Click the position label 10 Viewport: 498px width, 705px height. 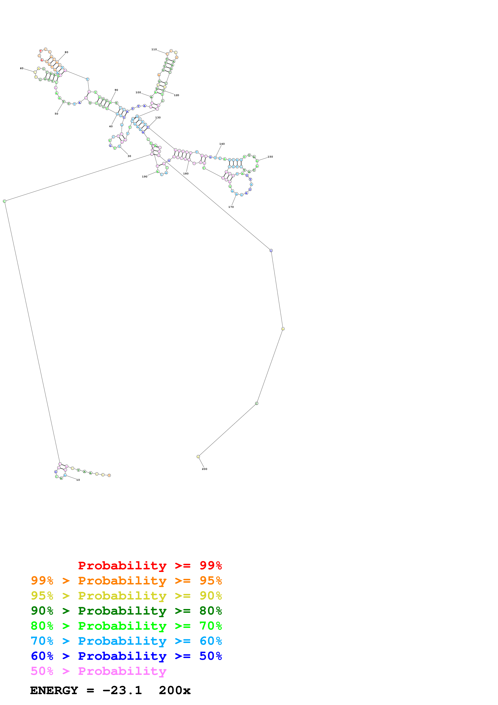[78, 480]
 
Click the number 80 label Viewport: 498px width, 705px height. [66, 52]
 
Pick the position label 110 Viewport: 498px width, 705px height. [154, 49]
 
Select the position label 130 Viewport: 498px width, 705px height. [158, 118]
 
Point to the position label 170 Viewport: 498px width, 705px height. [231, 207]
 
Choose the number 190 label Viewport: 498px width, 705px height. [144, 177]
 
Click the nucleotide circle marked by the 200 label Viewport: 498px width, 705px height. [198, 457]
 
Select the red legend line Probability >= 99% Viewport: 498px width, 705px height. [150, 566]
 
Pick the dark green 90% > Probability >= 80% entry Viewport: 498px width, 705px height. [126, 611]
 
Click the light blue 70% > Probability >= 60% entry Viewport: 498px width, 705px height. [126, 641]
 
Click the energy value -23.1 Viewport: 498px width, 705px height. [122, 691]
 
